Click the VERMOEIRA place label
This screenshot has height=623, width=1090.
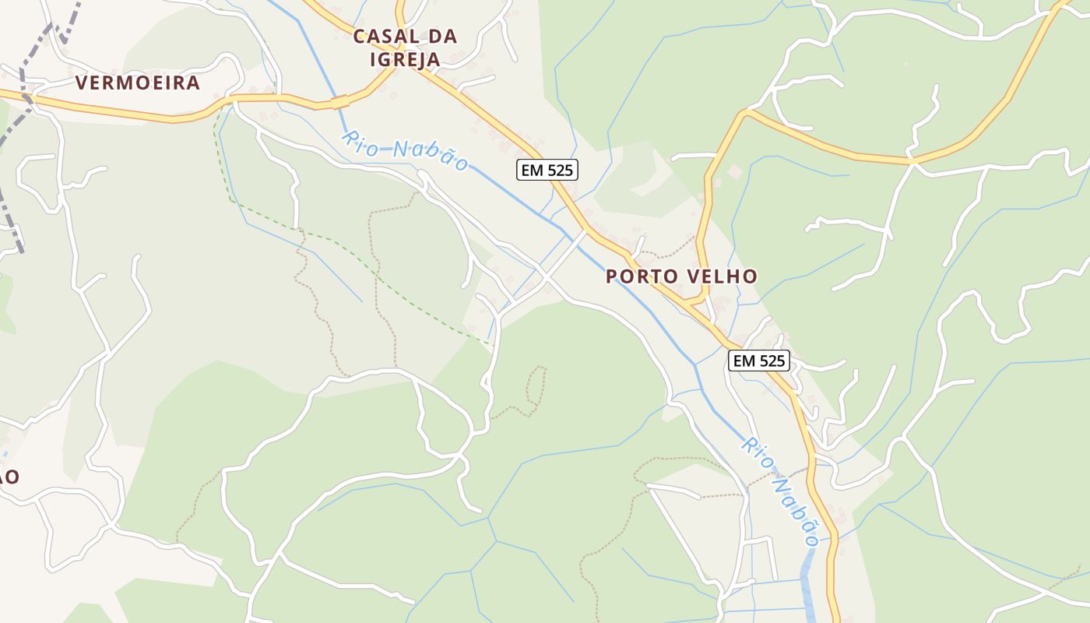click(x=138, y=83)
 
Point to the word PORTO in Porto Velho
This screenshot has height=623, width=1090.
click(x=643, y=276)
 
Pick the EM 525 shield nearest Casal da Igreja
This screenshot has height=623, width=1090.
click(x=547, y=170)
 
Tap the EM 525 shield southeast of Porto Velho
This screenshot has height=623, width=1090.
click(x=759, y=361)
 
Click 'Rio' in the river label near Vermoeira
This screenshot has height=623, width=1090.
click(x=360, y=140)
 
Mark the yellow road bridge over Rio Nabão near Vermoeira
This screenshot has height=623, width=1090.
click(x=339, y=102)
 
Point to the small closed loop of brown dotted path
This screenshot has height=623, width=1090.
click(x=535, y=386)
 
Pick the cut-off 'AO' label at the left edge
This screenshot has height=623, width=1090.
click(x=8, y=477)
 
